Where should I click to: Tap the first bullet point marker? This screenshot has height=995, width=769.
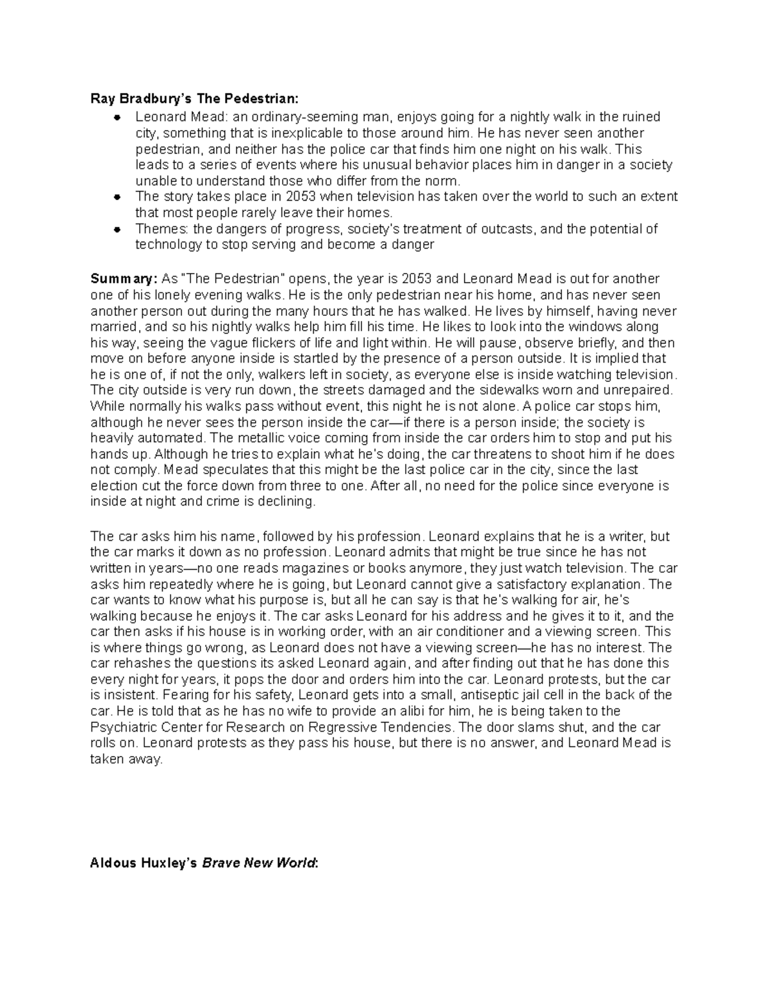tap(117, 117)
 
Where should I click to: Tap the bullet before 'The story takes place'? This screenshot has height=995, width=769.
tap(117, 197)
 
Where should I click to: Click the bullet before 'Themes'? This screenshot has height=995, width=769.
tap(117, 229)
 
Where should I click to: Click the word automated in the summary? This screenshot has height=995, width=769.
tap(170, 438)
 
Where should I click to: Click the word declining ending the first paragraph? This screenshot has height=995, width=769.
tap(286, 502)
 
